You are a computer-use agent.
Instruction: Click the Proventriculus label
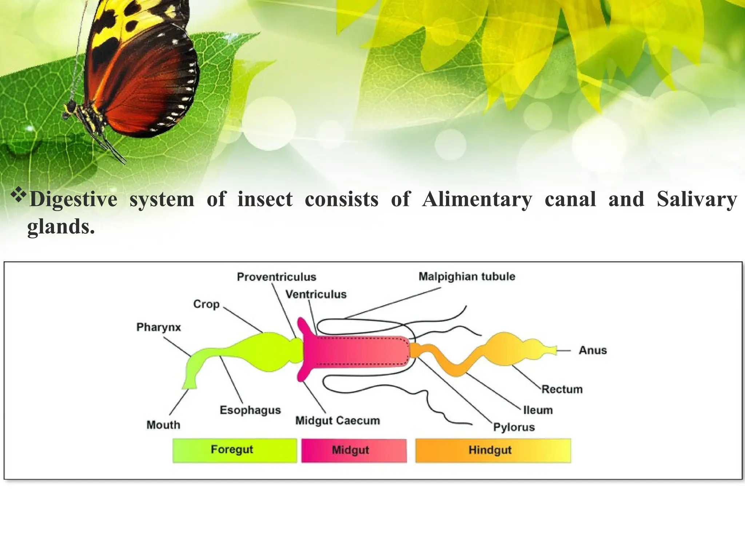[x=276, y=277]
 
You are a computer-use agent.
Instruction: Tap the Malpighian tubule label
[x=467, y=277]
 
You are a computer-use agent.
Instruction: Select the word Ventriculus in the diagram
[x=316, y=294]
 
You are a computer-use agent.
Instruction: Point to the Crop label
[x=206, y=304]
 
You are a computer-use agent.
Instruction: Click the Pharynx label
[x=159, y=327]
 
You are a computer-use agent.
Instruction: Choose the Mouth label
[x=163, y=425]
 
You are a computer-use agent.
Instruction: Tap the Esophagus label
[x=250, y=410]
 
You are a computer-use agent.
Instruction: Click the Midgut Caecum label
[x=338, y=420]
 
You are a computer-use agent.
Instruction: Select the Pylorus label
[x=514, y=427]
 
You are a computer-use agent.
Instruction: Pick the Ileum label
[x=538, y=410]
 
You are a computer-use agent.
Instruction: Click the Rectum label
[x=562, y=389]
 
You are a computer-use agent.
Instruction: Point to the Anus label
[x=593, y=350]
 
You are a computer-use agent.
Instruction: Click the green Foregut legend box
[x=235, y=451]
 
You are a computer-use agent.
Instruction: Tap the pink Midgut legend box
[x=354, y=451]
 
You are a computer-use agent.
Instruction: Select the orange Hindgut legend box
[x=493, y=451]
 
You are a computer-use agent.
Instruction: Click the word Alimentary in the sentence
[x=477, y=199]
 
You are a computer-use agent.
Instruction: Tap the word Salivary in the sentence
[x=697, y=199]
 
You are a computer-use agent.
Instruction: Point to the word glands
[x=61, y=227]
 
